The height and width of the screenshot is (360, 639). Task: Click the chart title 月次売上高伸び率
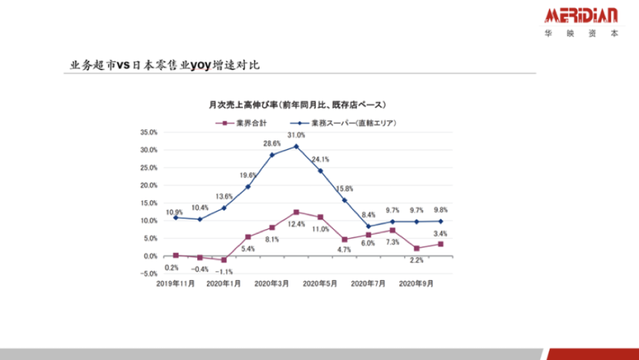[x=297, y=105]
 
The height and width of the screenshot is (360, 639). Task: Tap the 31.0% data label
[x=296, y=136]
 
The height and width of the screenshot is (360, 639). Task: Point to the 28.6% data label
[x=272, y=144]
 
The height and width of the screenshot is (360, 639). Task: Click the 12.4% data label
[x=296, y=224]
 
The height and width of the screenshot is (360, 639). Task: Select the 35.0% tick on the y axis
[x=149, y=133]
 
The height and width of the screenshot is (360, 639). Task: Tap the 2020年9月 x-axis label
[x=415, y=284]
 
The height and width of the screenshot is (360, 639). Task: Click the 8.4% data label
[x=368, y=215]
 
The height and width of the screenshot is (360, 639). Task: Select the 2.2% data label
[x=416, y=260]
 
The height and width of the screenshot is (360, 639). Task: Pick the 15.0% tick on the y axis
[x=149, y=203]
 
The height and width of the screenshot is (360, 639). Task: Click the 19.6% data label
[x=248, y=176]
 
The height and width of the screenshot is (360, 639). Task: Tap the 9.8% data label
[x=440, y=210]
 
